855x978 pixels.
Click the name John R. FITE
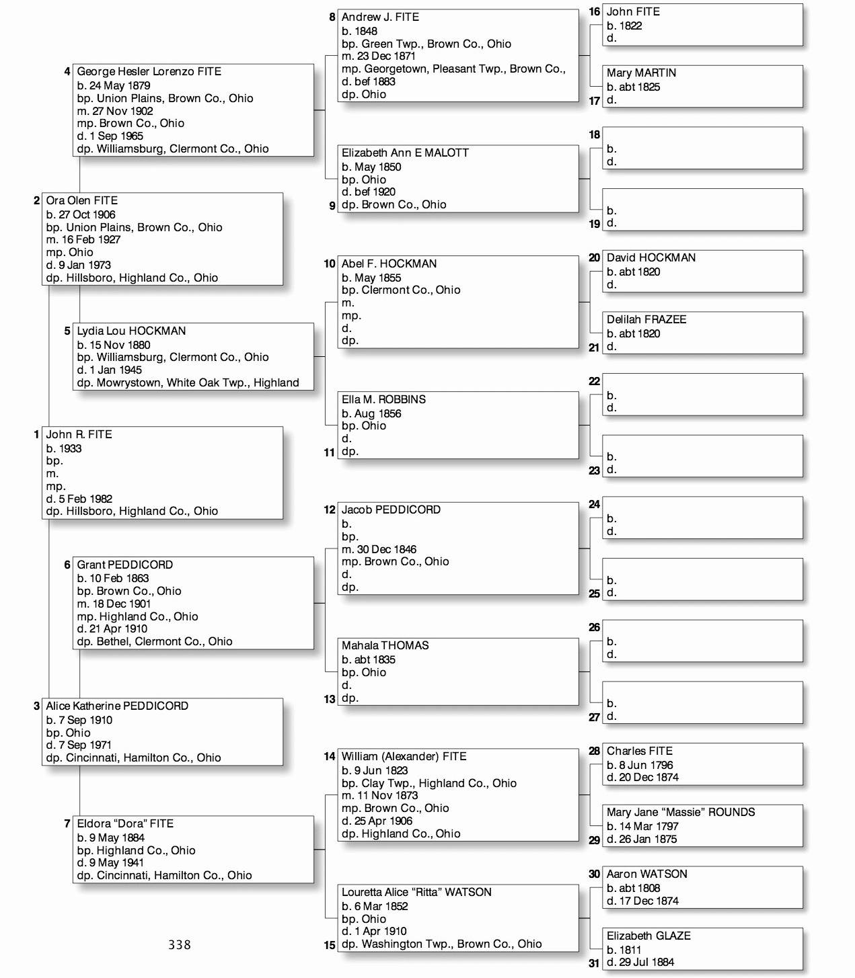[x=79, y=435]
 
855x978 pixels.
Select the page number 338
[x=180, y=945]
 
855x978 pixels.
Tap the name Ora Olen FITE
[x=81, y=201]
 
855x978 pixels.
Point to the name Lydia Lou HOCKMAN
[x=131, y=331]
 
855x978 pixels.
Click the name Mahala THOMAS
[x=385, y=646]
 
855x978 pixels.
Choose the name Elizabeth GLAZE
[x=648, y=936]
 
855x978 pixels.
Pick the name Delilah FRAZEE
[x=646, y=320]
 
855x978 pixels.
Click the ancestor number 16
[x=594, y=12]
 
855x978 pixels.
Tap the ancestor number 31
[x=594, y=963]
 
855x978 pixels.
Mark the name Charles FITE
[x=639, y=751]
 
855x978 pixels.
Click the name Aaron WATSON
[x=646, y=874]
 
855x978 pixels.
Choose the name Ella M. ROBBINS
[x=383, y=400]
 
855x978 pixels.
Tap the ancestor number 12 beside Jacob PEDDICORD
[x=329, y=510]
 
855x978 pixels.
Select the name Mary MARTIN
[x=641, y=73]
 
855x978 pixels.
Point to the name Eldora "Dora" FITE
[x=125, y=824]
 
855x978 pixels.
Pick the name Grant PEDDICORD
[x=124, y=565]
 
